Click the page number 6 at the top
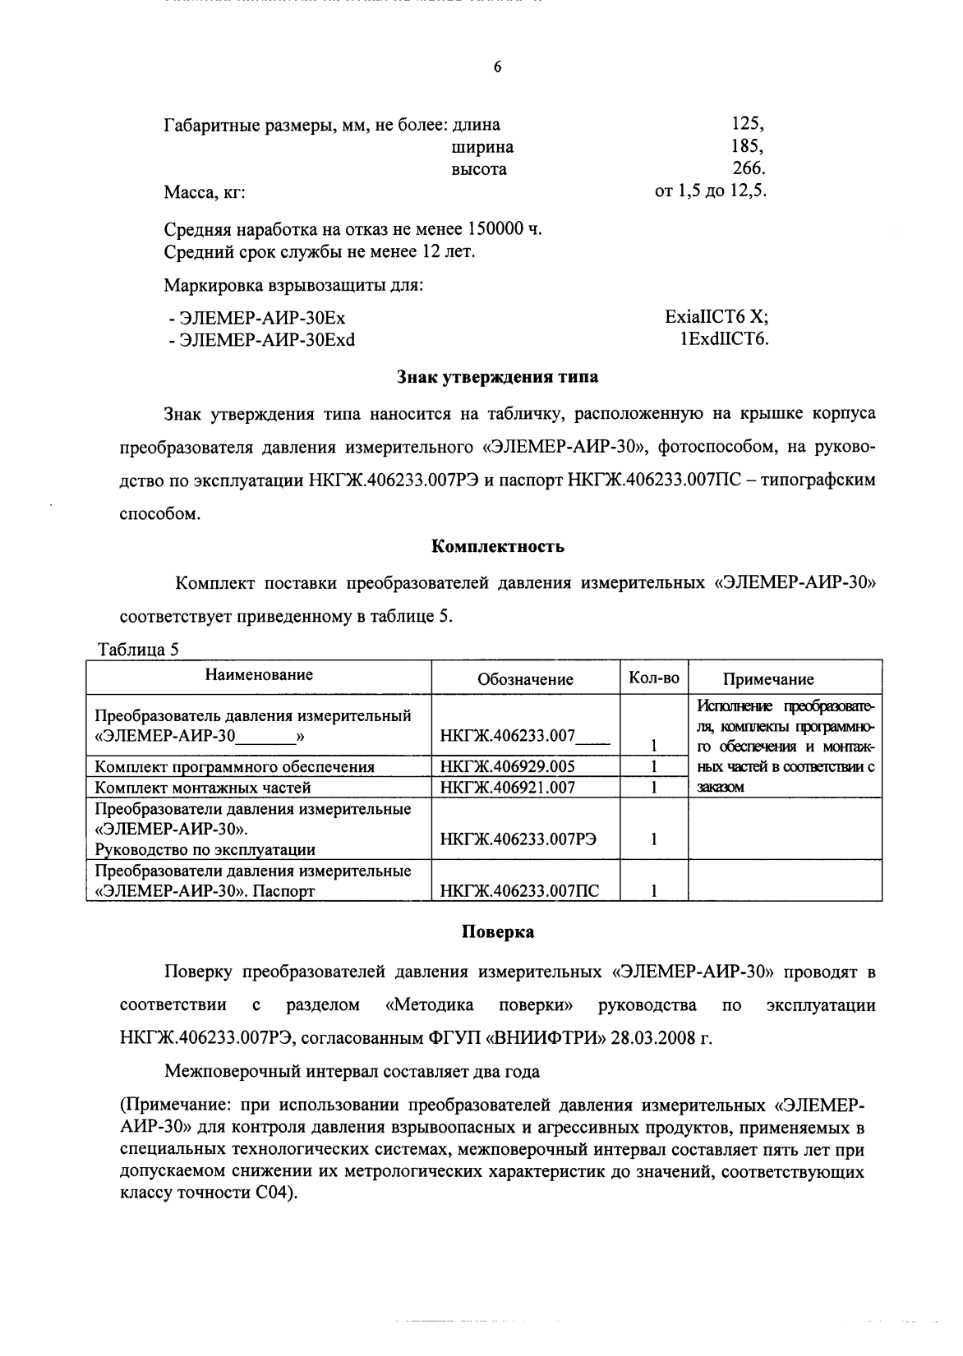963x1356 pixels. click(x=497, y=67)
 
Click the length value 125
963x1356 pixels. click(x=746, y=125)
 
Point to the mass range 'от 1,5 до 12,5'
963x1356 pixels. click(x=710, y=191)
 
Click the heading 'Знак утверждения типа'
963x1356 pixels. click(x=497, y=378)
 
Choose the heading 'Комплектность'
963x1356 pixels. click(x=497, y=545)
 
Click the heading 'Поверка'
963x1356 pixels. click(x=497, y=931)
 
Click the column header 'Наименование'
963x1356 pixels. click(x=259, y=675)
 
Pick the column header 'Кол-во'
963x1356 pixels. click(x=654, y=678)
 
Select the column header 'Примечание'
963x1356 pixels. click(x=767, y=679)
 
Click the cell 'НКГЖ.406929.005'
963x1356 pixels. click(x=507, y=766)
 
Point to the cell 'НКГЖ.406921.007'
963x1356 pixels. click(x=507, y=787)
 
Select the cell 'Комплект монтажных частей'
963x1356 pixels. click(x=203, y=787)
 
